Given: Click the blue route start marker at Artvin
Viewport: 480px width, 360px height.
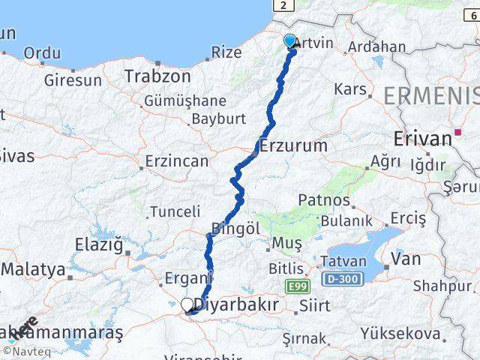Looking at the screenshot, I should point(290,41).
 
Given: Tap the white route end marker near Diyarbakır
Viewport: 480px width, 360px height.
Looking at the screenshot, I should point(187,304).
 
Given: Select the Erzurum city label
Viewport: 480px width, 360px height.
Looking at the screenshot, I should point(293,145).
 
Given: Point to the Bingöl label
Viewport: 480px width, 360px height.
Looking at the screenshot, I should point(235,227).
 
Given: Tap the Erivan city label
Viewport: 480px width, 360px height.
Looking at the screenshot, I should point(423,139).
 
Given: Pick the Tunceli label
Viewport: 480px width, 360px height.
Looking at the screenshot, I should point(175,212).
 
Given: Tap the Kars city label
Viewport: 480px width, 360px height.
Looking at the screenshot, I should point(349,90).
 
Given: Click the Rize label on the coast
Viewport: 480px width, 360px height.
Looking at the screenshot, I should point(226,52).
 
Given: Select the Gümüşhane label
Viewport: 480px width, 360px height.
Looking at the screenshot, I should point(184,100).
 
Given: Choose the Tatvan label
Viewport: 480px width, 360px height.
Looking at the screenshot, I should point(343,262).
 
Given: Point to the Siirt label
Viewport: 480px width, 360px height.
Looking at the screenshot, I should point(314,305).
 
